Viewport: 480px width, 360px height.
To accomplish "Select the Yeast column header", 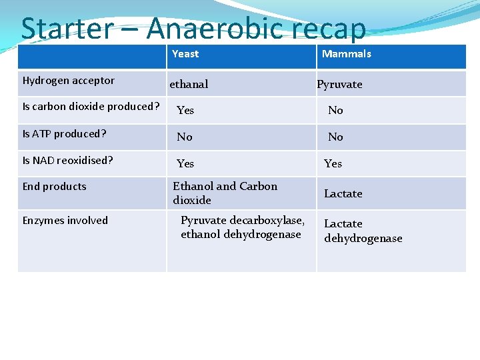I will (x=185, y=54).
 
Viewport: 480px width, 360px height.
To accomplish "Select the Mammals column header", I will (x=347, y=54).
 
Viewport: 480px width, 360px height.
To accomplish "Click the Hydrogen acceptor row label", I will (x=69, y=81).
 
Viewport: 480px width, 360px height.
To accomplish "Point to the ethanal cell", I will (x=189, y=84).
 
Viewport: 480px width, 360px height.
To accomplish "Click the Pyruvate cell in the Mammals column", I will (x=339, y=84).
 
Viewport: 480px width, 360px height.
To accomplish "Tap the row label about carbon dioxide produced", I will (x=91, y=107).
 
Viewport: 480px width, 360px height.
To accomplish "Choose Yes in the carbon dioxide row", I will (x=185, y=110).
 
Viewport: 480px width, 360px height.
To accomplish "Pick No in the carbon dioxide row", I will (x=335, y=110).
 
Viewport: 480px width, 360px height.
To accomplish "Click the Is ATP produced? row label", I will (x=65, y=134).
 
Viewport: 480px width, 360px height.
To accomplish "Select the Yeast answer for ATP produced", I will (x=184, y=137).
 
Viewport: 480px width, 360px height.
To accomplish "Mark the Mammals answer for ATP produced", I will (x=335, y=137).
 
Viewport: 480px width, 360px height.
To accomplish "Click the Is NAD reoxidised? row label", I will (x=68, y=161).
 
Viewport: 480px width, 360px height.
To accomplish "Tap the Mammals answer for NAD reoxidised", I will (x=333, y=163).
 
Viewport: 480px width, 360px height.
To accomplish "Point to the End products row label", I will (x=55, y=187).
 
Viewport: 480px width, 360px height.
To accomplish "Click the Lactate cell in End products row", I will (x=343, y=193).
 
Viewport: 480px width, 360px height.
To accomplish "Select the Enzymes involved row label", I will (x=65, y=221).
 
